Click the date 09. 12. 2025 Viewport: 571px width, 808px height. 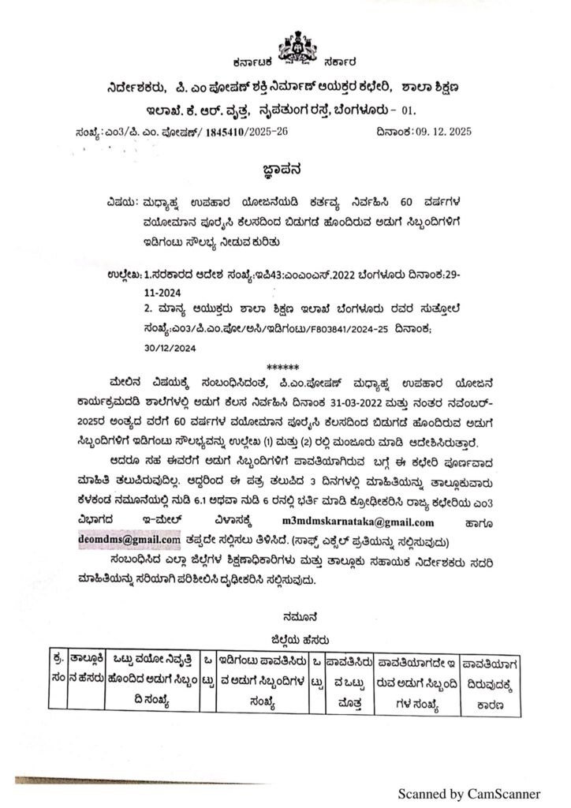pyautogui.click(x=436, y=131)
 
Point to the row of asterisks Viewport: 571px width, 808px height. pyautogui.click(x=284, y=366)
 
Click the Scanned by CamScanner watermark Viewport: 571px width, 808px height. pyautogui.click(x=468, y=793)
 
